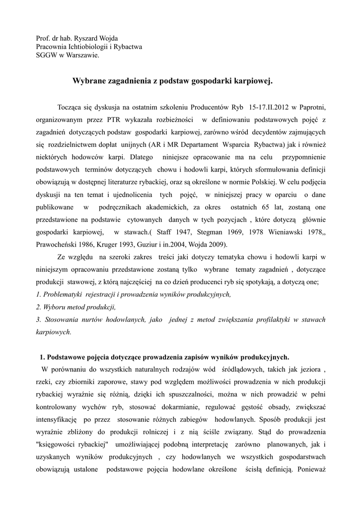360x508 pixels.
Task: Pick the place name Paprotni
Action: pos(312,107)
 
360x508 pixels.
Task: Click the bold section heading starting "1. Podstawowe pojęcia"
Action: pos(164,357)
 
